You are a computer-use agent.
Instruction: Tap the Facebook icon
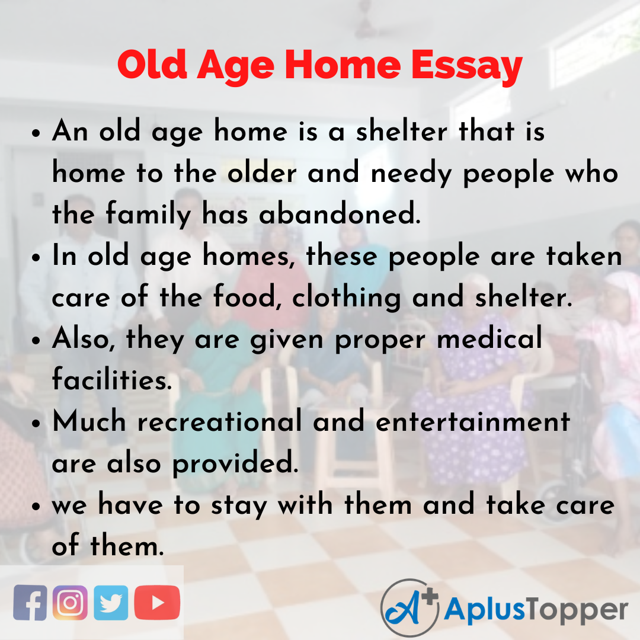(30, 603)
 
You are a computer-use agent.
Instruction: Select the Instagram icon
(70, 603)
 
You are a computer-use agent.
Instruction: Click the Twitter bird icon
(110, 603)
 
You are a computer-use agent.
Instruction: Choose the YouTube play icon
(157, 603)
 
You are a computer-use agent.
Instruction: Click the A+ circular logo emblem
(409, 607)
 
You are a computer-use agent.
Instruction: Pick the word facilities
(111, 380)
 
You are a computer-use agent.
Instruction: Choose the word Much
(89, 421)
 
